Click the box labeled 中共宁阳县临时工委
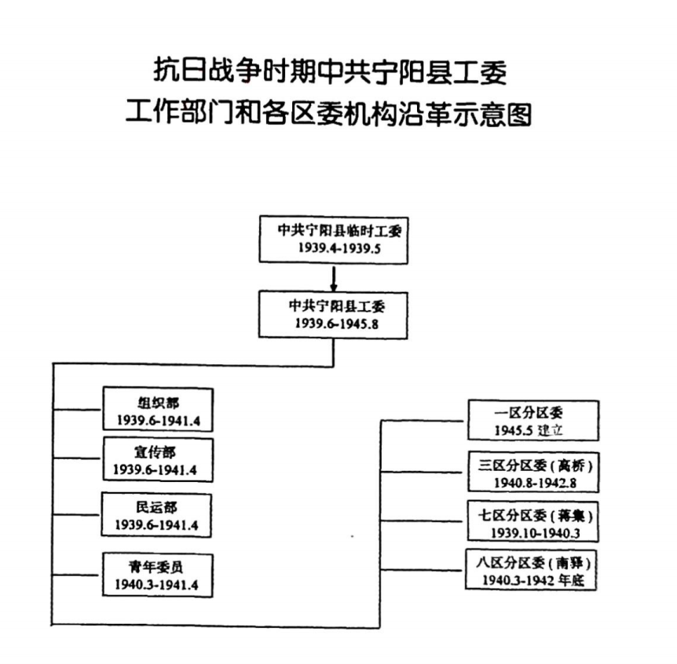pos(333,238)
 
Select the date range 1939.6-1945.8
pos(333,323)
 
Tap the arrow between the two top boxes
pos(333,278)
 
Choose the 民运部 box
pos(157,515)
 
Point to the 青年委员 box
pos(157,575)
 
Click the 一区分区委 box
pos(532,421)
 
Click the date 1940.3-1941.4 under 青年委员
pos(157,584)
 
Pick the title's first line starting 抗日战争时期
pos(330,74)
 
